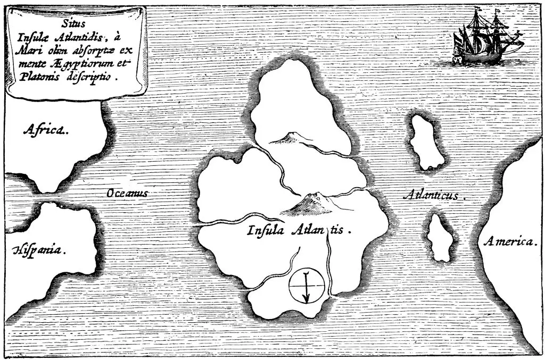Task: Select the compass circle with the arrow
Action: (x=306, y=286)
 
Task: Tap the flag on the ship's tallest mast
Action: (x=499, y=11)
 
